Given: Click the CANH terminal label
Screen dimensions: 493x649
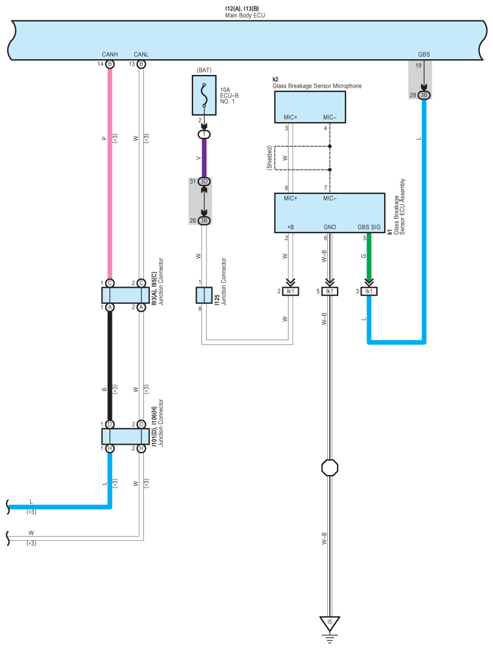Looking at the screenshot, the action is [x=109, y=54].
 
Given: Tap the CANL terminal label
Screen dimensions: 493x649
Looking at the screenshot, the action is [x=142, y=54].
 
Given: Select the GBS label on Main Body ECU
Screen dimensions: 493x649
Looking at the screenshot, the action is [x=424, y=54].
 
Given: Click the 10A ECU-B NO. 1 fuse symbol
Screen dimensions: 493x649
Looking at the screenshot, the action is [x=204, y=95].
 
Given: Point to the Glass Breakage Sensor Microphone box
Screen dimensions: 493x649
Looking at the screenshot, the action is [x=310, y=107].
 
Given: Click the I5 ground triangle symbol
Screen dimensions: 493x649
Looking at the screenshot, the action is [x=330, y=624].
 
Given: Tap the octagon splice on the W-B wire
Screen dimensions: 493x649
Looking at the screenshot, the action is [x=330, y=468].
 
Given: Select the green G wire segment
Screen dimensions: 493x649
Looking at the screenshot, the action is [x=369, y=257].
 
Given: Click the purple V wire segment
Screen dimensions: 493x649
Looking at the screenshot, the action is [x=204, y=158].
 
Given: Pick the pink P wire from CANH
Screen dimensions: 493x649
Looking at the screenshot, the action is [x=109, y=174].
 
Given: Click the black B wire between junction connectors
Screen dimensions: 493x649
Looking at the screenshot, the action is [x=109, y=366].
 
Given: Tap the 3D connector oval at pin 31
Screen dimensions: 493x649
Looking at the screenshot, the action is [x=204, y=181].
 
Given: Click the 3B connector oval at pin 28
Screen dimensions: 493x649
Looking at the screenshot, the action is [x=424, y=95].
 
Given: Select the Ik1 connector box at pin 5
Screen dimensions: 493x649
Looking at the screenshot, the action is [x=330, y=291].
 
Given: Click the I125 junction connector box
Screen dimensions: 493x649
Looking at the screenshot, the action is [x=204, y=295].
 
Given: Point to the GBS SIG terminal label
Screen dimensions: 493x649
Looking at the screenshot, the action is [x=369, y=227].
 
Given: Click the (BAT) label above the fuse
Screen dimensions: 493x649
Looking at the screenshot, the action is [x=204, y=70].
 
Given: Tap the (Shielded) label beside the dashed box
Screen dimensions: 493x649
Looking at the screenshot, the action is [x=269, y=158].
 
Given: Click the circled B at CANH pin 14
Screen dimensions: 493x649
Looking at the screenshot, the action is [x=109, y=64].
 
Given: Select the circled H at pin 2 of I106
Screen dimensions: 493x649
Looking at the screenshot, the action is [x=142, y=448].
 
